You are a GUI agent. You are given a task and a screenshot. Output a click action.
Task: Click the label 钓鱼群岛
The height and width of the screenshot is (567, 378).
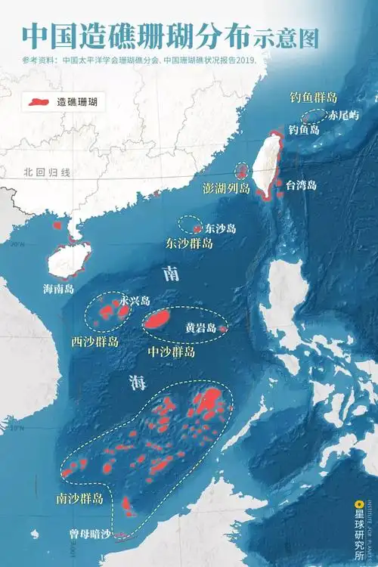[312, 98]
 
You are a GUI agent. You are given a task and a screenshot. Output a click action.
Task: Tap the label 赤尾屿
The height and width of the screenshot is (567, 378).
[342, 116]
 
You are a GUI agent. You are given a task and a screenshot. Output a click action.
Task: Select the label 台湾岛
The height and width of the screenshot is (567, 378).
[305, 184]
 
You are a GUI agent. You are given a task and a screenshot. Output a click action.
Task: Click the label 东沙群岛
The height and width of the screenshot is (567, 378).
[189, 244]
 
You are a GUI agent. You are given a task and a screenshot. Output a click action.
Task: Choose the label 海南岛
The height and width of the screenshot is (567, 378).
[58, 288]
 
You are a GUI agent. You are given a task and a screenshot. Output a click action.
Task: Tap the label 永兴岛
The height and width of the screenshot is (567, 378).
[134, 300]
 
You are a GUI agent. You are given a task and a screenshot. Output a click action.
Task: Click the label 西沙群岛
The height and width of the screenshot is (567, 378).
[94, 342]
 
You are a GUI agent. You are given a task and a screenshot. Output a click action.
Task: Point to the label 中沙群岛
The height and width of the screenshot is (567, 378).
[172, 352]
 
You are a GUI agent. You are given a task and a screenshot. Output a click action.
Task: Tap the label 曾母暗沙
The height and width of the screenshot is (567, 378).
[90, 534]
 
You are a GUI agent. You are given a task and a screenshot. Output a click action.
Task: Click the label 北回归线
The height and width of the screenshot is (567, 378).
[47, 173]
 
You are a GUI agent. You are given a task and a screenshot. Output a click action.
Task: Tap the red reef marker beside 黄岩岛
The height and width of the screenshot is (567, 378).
[222, 329]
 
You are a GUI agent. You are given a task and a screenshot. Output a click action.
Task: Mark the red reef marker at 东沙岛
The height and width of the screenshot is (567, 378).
[198, 228]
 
